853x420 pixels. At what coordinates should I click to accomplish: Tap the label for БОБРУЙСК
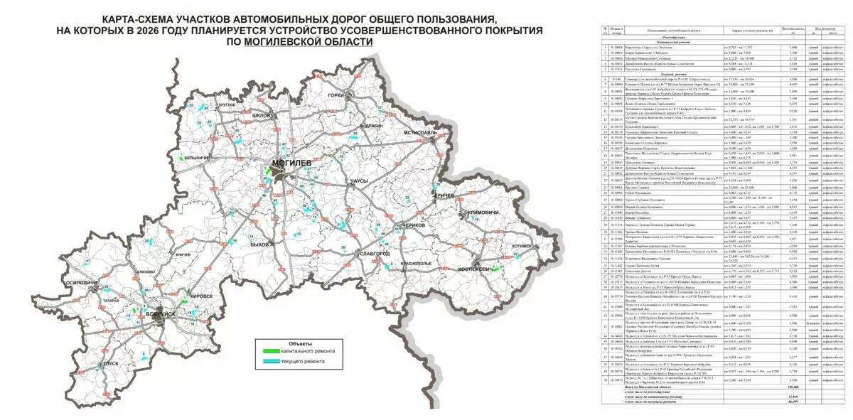pos(151,314)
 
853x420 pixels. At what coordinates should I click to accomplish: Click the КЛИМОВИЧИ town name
pos(480,213)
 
